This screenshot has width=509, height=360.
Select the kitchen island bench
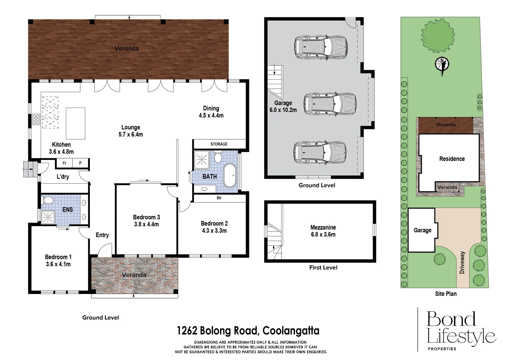[x=75, y=123]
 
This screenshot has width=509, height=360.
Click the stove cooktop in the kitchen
[x=36, y=119]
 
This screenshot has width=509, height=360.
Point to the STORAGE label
[x=219, y=144]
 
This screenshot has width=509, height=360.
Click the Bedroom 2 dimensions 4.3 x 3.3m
[x=214, y=231]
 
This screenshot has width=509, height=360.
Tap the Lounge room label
[x=131, y=127]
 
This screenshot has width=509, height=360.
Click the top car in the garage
[x=321, y=47]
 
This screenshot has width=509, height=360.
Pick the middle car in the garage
[x=330, y=104]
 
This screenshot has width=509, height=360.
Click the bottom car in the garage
[x=320, y=152]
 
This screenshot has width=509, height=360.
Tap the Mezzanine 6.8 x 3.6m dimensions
[x=323, y=234]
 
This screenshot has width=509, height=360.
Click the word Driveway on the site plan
[x=462, y=262]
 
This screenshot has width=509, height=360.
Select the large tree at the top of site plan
[x=437, y=35]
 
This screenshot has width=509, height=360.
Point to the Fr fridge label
[x=65, y=163]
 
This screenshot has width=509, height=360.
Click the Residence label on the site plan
[x=452, y=159]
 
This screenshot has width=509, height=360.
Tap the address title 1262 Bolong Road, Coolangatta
[x=248, y=331]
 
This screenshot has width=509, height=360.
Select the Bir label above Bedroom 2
[x=219, y=198]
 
